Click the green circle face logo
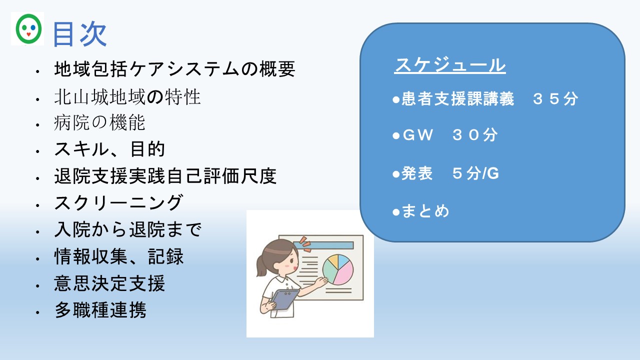click(28, 29)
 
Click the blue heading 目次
click(79, 34)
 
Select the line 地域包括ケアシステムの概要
click(174, 69)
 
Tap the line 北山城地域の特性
click(127, 97)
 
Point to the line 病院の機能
click(99, 122)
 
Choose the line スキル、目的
click(109, 149)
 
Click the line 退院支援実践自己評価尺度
click(165, 176)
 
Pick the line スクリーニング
click(118, 202)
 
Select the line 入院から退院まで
click(128, 229)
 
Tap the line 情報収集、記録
click(119, 256)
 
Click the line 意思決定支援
click(109, 283)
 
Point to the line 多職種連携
click(100, 310)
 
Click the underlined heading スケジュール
click(450, 65)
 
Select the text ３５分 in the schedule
click(555, 99)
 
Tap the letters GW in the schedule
click(417, 135)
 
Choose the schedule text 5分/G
click(475, 173)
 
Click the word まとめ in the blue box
click(425, 211)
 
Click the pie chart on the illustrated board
click(338, 269)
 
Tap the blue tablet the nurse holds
click(285, 299)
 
